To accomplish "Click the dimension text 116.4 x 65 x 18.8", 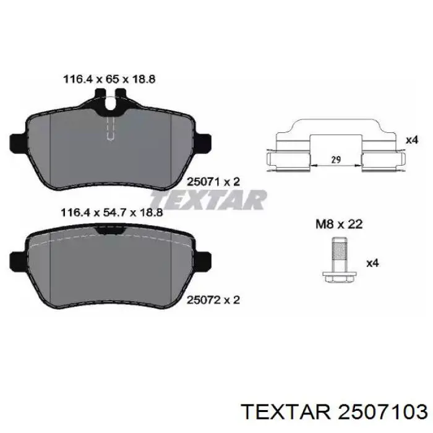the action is (109, 79).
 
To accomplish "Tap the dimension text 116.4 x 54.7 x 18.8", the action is (111, 213).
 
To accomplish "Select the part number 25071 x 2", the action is (213, 182).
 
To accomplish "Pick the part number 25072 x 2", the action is (213, 300).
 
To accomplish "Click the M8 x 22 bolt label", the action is (339, 224).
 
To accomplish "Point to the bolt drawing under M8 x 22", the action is (340, 260).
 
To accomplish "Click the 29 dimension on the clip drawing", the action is (336, 160).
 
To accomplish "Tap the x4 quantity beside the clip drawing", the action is (412, 140).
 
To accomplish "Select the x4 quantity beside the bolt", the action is (372, 263).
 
